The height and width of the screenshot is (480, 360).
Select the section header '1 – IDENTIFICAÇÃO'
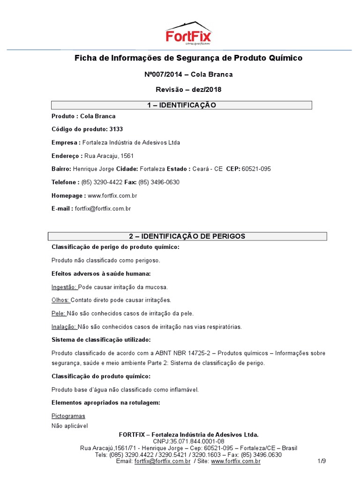pyautogui.click(x=181, y=105)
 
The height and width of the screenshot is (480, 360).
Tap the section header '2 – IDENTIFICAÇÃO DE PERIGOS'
pyautogui.click(x=187, y=236)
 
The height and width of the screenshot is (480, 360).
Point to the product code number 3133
pyautogui.click(x=116, y=129)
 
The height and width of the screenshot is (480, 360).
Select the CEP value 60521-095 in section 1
pyautogui.click(x=256, y=169)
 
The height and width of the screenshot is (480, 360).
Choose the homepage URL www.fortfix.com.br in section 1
pyautogui.click(x=112, y=195)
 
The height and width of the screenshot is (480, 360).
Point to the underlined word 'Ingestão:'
pyautogui.click(x=64, y=287)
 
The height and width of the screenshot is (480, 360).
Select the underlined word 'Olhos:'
pyautogui.click(x=60, y=300)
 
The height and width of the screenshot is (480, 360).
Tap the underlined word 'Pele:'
pyautogui.click(x=59, y=313)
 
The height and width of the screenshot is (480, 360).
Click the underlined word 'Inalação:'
pyautogui.click(x=64, y=327)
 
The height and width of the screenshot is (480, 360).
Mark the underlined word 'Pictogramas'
pyautogui.click(x=68, y=416)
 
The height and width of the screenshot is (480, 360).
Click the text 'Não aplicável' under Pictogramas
pyautogui.click(x=69, y=426)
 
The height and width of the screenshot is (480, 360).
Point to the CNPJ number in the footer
pyautogui.click(x=188, y=442)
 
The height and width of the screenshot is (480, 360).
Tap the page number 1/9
pyautogui.click(x=322, y=462)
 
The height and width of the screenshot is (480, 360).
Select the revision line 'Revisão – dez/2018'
pyautogui.click(x=188, y=90)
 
